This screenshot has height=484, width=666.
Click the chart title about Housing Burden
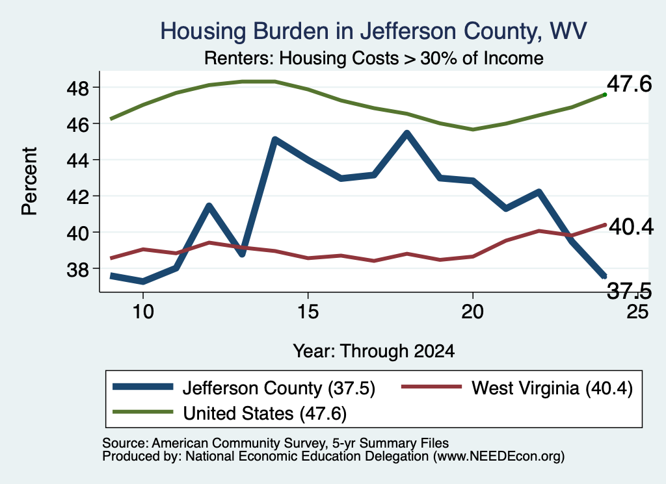(x=373, y=31)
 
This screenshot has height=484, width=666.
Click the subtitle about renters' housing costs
(x=374, y=58)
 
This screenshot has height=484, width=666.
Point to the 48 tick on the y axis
(x=77, y=88)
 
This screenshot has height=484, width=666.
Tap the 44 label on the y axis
(x=77, y=160)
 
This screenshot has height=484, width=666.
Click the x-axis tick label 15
(x=308, y=312)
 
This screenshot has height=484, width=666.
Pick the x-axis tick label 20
(x=472, y=312)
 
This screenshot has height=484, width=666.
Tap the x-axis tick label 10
(x=143, y=312)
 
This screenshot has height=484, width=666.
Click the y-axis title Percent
(x=29, y=181)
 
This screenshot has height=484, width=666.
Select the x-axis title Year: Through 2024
(x=374, y=351)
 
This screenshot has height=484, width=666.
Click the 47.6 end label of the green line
(x=629, y=84)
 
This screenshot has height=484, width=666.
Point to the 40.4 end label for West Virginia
(x=631, y=227)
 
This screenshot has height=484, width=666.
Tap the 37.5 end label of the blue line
(x=629, y=292)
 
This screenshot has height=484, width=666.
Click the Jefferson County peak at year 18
(x=407, y=134)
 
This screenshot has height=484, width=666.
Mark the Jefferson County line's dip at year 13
(x=242, y=253)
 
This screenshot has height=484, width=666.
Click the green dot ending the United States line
(x=604, y=95)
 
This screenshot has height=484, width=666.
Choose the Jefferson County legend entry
(x=245, y=388)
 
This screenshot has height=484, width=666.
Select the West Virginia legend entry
(x=517, y=388)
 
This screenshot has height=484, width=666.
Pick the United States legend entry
(x=230, y=413)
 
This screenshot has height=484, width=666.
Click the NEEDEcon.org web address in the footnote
(x=499, y=457)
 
